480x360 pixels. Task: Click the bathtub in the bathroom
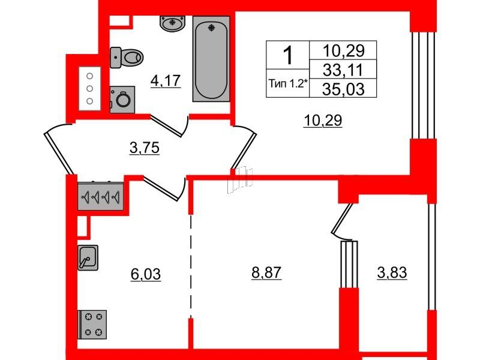pyautogui.click(x=211, y=59)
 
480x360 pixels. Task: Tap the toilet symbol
pyautogui.click(x=127, y=57)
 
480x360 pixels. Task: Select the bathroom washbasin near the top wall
pyautogui.click(x=173, y=23)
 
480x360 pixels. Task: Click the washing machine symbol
pyautogui.click(x=122, y=100)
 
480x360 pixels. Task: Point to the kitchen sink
pyautogui.click(x=88, y=257)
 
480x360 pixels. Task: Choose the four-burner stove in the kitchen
pyautogui.click(x=92, y=325)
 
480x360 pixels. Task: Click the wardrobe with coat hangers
pyautogui.click(x=100, y=197)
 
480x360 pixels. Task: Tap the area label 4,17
pyautogui.click(x=166, y=81)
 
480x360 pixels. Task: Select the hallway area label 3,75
pyautogui.click(x=145, y=148)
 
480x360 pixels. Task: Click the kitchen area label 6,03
pyautogui.click(x=146, y=274)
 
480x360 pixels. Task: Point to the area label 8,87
pyautogui.click(x=266, y=272)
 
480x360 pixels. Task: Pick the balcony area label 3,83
pyautogui.click(x=392, y=272)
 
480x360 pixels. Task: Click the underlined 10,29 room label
pyautogui.click(x=323, y=121)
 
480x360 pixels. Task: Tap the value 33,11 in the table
pyautogui.click(x=343, y=70)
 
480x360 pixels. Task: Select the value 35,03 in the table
pyautogui.click(x=343, y=89)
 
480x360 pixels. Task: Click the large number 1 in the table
pyautogui.click(x=288, y=55)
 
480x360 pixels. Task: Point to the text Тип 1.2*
pyautogui.click(x=288, y=83)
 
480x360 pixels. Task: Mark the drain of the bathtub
pyautogui.click(x=211, y=28)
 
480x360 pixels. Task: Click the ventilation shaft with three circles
pyautogui.click(x=89, y=88)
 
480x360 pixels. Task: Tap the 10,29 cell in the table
pyautogui.click(x=343, y=50)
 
